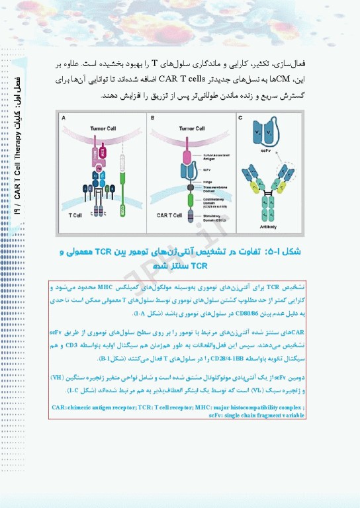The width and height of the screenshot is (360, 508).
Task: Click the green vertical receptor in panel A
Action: coord(122,185)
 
